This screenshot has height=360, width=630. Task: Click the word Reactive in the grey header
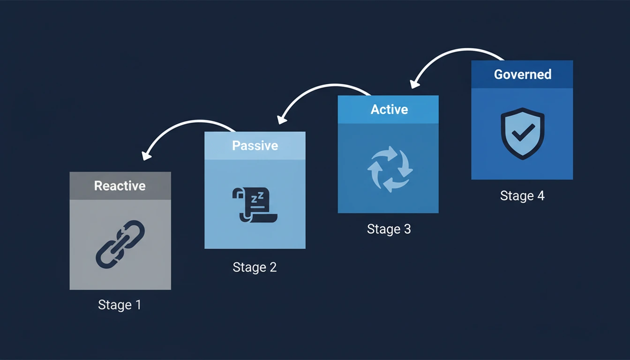[120, 186]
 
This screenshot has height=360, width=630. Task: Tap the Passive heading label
[255, 146]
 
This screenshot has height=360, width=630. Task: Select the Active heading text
[389, 110]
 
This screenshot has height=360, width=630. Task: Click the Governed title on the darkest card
[522, 75]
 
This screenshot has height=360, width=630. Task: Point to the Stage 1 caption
[120, 305]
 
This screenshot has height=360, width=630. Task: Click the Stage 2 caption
[255, 268]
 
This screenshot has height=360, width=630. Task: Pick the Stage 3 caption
[389, 229]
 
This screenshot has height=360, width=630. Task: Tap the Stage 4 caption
[522, 196]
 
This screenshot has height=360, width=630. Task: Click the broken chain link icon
[120, 244]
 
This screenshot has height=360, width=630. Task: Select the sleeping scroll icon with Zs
[254, 204]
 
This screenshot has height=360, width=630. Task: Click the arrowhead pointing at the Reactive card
[146, 155]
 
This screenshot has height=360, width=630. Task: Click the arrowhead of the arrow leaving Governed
[414, 83]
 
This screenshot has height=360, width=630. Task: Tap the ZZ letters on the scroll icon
[257, 198]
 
